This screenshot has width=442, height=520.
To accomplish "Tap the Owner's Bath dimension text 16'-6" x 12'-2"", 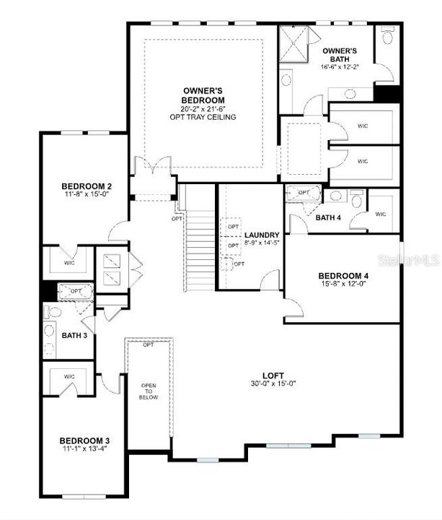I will [x=340, y=67].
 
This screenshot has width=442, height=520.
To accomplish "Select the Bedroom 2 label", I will [x=85, y=187].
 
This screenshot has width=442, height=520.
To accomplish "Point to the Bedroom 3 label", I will [x=84, y=441].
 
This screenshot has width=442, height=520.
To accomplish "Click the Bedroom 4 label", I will [x=343, y=275].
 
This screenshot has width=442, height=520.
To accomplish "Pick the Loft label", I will [x=273, y=375].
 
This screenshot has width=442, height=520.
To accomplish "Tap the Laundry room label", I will [x=262, y=235].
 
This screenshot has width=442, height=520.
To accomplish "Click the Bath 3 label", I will [x=74, y=335].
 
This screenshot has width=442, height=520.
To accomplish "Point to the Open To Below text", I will [x=149, y=391].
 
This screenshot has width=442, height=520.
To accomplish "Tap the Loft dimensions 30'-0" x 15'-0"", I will [x=273, y=383].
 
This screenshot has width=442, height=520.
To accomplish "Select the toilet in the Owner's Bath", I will [x=387, y=35].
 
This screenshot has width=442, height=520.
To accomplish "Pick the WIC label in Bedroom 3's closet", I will [x=69, y=376].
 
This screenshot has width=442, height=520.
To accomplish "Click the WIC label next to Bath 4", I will [x=381, y=214].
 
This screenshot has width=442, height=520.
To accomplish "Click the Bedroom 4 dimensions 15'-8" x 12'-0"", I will [x=343, y=285].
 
